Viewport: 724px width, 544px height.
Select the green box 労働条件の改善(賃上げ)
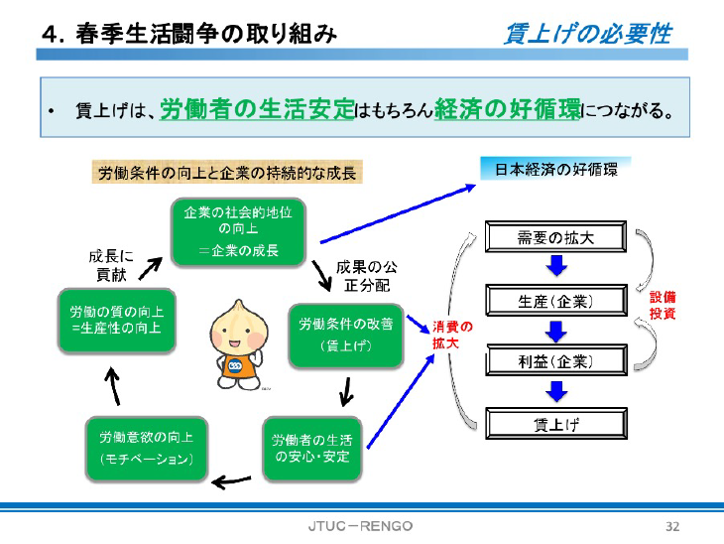click(344, 334)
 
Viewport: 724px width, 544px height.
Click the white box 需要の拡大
click(555, 238)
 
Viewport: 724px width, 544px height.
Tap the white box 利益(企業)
click(555, 361)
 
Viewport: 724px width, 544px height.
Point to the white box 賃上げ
click(555, 424)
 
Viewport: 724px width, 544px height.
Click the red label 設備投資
click(663, 305)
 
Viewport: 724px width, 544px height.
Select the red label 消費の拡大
click(451, 334)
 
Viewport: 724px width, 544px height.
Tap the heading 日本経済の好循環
click(556, 169)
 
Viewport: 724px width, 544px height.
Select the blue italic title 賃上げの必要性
click(587, 35)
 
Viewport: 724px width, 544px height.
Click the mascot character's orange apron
click(241, 369)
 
